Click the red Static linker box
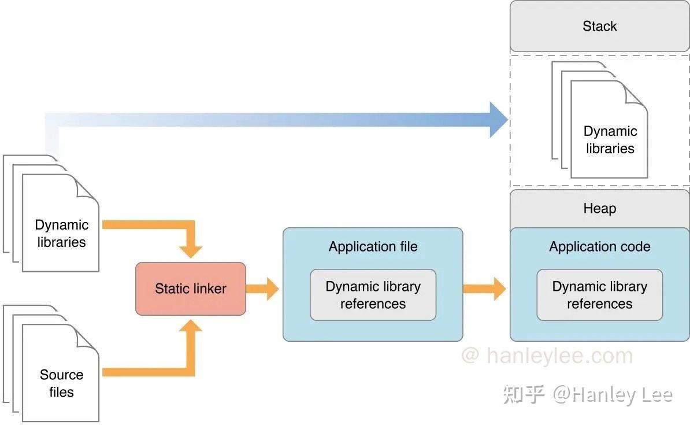(190, 289)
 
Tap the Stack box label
(599, 27)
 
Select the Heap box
(599, 209)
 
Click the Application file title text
(373, 247)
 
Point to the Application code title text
(599, 247)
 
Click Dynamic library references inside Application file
(373, 295)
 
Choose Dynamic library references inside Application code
(599, 295)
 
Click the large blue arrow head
(498, 120)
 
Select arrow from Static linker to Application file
(264, 289)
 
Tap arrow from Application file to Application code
(485, 289)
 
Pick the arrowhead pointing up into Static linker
(191, 327)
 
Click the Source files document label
(61, 383)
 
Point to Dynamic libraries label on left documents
(61, 234)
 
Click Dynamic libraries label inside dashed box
(610, 140)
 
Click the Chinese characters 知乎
(524, 394)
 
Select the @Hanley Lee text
(613, 394)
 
